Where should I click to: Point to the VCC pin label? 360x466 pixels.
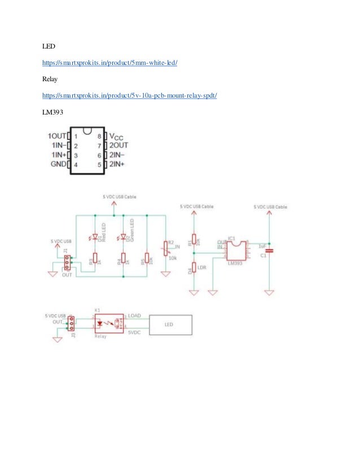coord(116,137)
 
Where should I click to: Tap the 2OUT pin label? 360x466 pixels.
coord(118,146)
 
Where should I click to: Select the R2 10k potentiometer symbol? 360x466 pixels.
coord(165,248)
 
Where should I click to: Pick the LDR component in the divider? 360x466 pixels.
coord(194,267)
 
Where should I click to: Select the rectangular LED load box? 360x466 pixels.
coord(170,325)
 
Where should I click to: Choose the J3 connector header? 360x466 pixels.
coord(72,323)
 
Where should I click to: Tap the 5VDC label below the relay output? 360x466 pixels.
coord(134,333)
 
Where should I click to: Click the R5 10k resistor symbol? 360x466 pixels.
coord(147,258)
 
